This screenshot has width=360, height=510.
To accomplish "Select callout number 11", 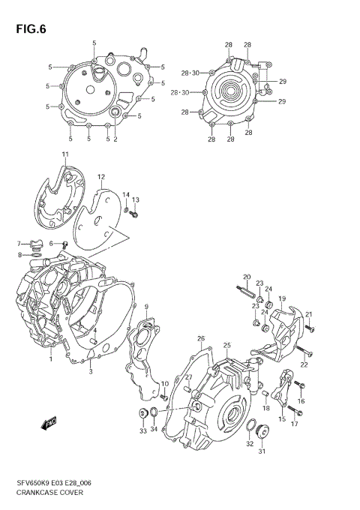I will (64, 155).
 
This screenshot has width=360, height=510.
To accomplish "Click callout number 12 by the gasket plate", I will (100, 177).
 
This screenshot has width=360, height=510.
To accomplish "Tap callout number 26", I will (201, 339).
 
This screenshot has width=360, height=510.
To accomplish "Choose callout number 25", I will (226, 345).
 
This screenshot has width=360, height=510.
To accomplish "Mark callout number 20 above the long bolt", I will (246, 277).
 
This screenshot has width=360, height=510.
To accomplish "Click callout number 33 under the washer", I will (142, 431).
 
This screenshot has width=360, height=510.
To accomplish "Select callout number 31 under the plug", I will (262, 451).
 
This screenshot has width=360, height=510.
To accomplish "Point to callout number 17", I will (294, 424).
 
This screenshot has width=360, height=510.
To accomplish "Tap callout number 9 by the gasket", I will (146, 306).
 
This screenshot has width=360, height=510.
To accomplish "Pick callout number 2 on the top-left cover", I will (115, 139).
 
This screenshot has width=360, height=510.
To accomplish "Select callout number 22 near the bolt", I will (304, 364).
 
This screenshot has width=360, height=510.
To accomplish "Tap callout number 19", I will (283, 299).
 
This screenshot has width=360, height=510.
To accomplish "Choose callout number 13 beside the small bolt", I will (136, 200).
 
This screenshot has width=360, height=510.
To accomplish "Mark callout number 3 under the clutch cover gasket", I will (90, 371).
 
